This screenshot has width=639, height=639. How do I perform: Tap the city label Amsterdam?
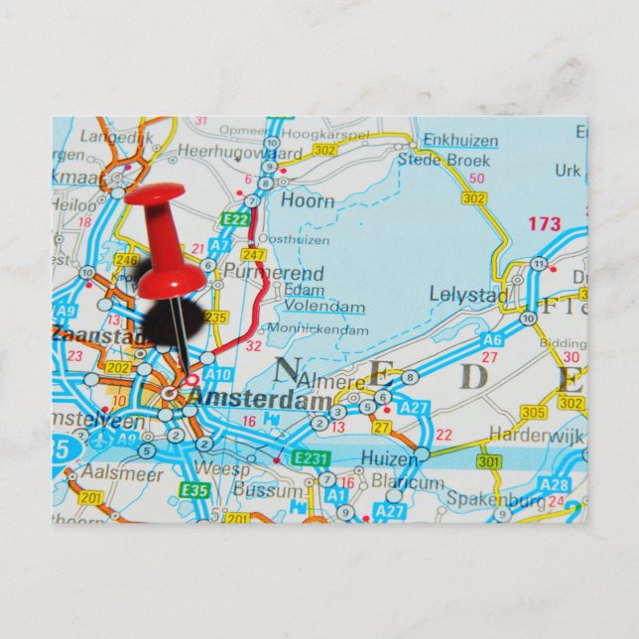click(x=261, y=400)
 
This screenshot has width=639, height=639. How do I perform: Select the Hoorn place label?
click(x=307, y=199)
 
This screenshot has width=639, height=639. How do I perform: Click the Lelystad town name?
click(x=468, y=295)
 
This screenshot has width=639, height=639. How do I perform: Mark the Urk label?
click(x=568, y=171)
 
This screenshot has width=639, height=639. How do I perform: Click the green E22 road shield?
click(x=236, y=219)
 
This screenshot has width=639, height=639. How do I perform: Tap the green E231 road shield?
click(x=310, y=457)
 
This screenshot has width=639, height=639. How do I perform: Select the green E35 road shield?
click(x=194, y=489)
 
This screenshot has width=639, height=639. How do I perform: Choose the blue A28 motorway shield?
click(x=555, y=484)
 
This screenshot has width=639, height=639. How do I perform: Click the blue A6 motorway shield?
click(x=491, y=339)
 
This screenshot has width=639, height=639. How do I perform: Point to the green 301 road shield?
click(x=489, y=461)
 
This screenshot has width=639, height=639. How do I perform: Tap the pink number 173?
click(x=543, y=224)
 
